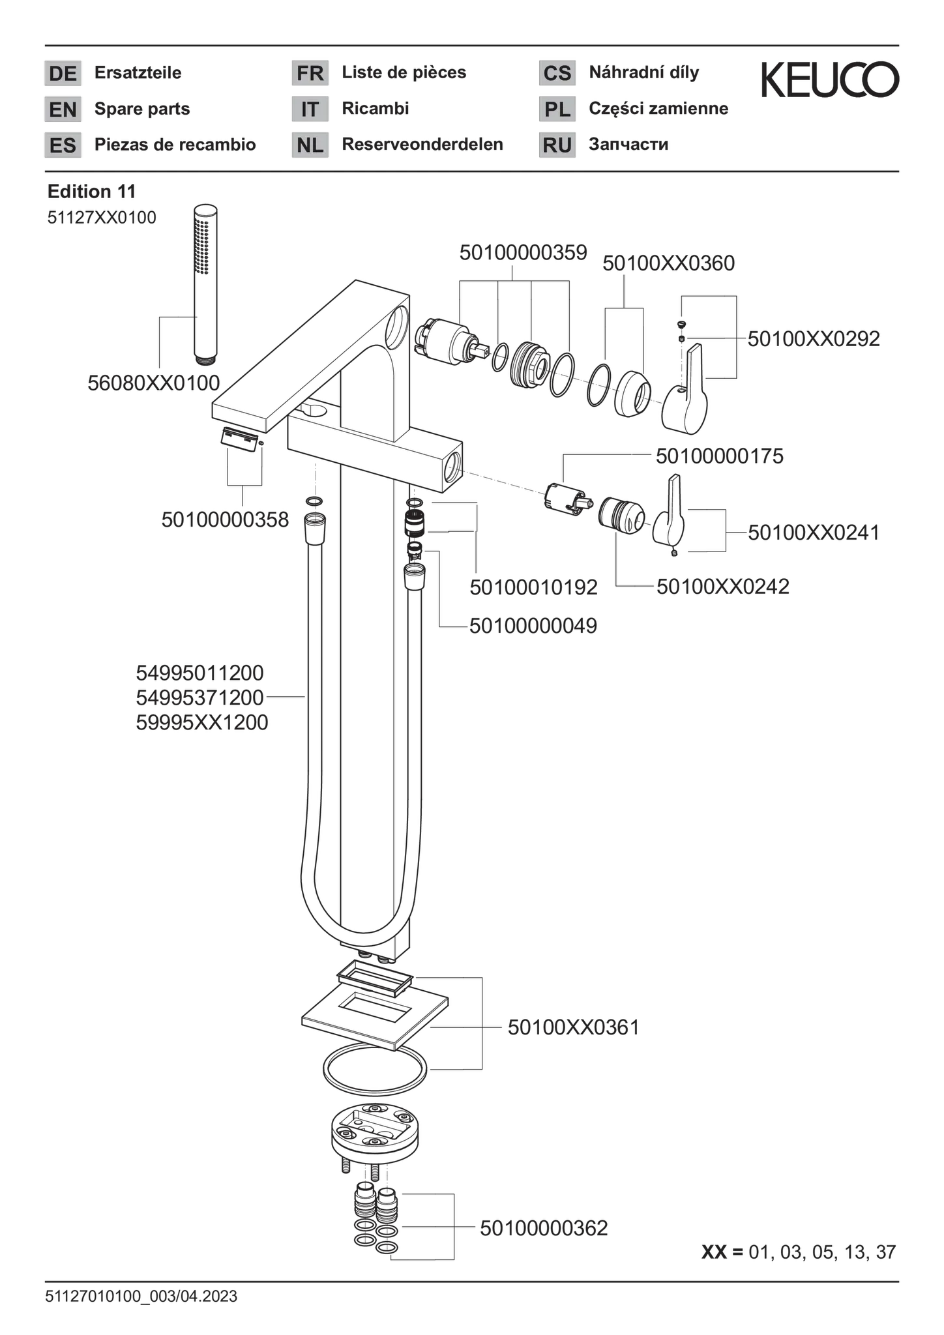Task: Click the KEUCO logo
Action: click(830, 80)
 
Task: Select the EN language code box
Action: click(63, 109)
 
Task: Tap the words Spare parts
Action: click(142, 109)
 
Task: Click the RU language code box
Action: click(557, 145)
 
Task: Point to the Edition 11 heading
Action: click(91, 192)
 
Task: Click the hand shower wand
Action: click(206, 284)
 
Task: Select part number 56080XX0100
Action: click(154, 383)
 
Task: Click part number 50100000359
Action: click(524, 253)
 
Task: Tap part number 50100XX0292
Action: click(814, 338)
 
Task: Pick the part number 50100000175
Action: click(720, 456)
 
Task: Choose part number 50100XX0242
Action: click(723, 586)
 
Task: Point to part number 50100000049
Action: click(533, 626)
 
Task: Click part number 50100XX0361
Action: click(574, 1027)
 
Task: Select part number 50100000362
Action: click(544, 1228)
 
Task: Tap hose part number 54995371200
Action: click(200, 697)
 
